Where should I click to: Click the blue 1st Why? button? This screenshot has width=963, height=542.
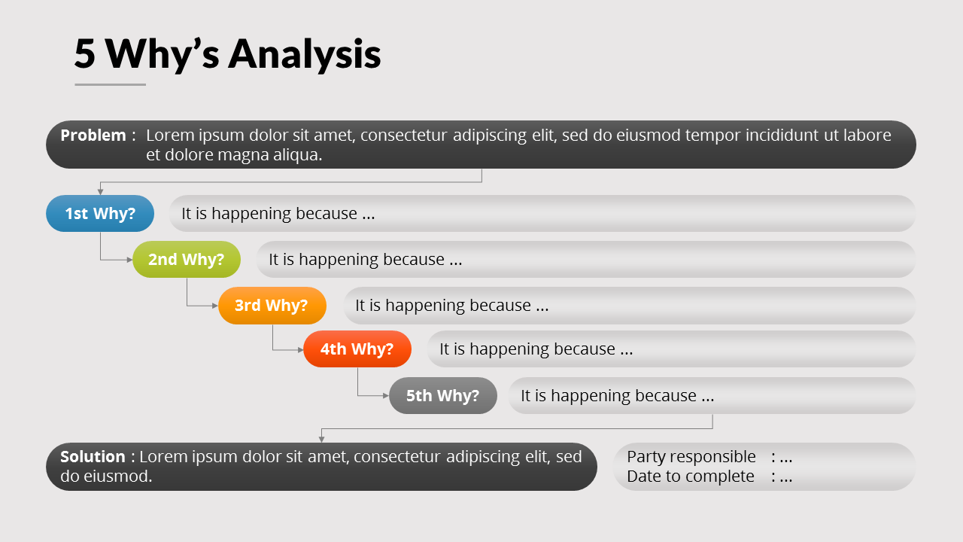click(100, 214)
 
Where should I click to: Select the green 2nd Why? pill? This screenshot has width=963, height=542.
click(187, 260)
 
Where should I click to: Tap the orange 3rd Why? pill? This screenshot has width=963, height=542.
click(272, 306)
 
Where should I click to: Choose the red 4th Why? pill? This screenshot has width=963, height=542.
click(357, 349)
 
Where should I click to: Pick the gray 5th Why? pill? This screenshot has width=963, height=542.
click(443, 396)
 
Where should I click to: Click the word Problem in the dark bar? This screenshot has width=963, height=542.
click(93, 135)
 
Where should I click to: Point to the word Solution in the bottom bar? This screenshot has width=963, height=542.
click(93, 457)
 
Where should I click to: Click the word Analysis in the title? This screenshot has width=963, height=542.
click(305, 53)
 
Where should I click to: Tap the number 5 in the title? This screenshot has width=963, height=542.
click(85, 53)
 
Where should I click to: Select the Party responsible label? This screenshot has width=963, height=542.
click(691, 457)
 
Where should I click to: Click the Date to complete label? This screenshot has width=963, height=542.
click(690, 477)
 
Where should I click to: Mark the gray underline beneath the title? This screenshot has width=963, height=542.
click(110, 84)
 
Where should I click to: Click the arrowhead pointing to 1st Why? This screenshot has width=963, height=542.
click(100, 192)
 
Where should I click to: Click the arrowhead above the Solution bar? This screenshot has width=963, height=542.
click(322, 439)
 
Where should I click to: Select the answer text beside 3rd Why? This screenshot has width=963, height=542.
click(451, 306)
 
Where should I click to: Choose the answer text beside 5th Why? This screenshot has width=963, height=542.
click(617, 396)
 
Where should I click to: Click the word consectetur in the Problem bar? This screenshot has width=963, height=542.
click(404, 135)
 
